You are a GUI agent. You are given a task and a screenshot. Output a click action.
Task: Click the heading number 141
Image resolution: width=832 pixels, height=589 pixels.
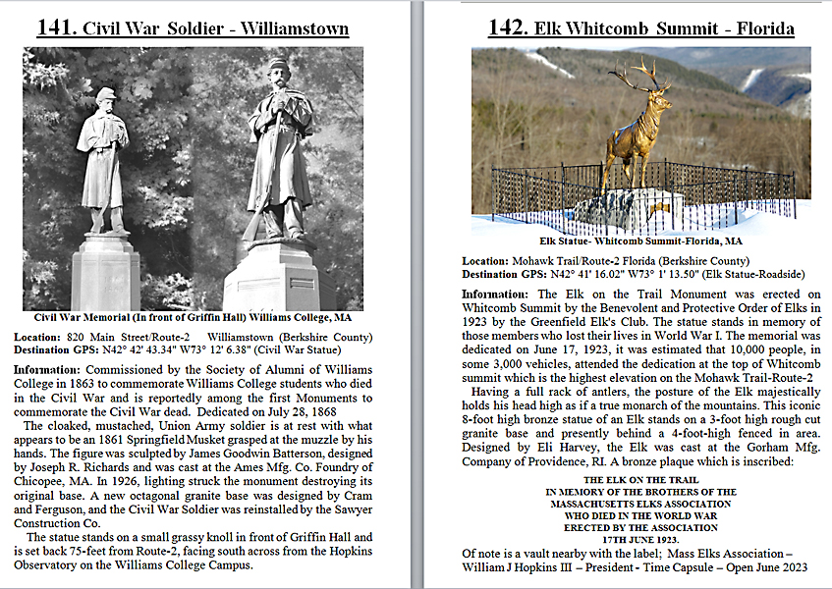pyautogui.click(x=55, y=27)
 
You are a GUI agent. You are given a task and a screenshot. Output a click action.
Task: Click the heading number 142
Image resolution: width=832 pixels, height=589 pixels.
pyautogui.click(x=508, y=27)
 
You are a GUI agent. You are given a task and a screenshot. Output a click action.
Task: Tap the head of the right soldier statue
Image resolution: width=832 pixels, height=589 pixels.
pyautogui.click(x=278, y=70)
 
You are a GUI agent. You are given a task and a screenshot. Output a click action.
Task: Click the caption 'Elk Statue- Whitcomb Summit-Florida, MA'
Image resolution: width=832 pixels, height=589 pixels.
pyautogui.click(x=640, y=240)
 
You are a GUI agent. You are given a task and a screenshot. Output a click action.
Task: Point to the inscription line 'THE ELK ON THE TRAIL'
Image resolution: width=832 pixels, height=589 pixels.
pyautogui.click(x=640, y=481)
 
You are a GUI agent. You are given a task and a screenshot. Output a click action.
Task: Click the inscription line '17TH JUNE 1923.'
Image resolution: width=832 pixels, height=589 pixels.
pyautogui.click(x=640, y=540)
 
